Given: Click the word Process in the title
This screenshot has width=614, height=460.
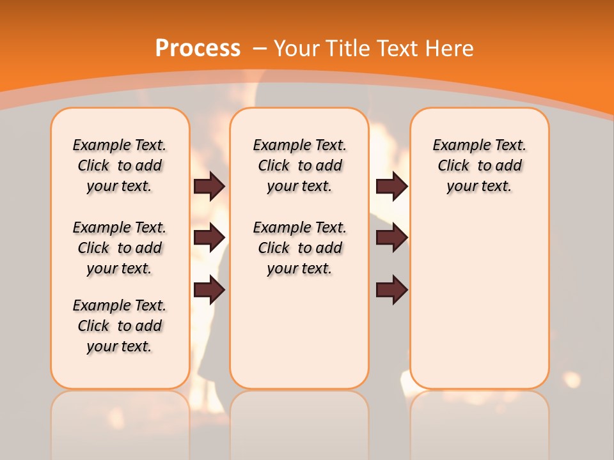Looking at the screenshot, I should [x=198, y=49].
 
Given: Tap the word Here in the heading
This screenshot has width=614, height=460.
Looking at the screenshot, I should [x=451, y=49].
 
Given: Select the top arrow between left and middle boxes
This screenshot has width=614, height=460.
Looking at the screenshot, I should [x=209, y=187].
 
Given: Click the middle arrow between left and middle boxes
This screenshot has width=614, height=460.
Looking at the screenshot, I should [x=209, y=238].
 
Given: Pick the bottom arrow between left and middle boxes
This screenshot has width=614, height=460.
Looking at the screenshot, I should [x=209, y=291].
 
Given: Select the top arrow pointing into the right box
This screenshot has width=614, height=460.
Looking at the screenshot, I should [x=391, y=187].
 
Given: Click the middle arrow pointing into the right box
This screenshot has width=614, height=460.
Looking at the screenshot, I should [x=391, y=238].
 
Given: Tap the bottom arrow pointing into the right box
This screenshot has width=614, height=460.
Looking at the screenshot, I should [x=391, y=291].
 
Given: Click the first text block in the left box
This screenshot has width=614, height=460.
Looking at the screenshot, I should [x=120, y=166].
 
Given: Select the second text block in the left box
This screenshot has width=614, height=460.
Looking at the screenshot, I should [x=120, y=248].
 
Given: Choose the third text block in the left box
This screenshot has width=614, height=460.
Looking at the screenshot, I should [x=120, y=326].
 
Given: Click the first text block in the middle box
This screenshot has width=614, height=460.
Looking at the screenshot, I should [x=299, y=166].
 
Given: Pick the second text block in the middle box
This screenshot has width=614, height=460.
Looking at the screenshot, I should [x=299, y=248].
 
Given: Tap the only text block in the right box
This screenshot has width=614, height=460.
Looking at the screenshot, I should [x=479, y=166].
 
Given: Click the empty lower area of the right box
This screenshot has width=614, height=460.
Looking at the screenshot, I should [x=479, y=300].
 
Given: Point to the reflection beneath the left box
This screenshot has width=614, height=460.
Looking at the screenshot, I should [x=120, y=422].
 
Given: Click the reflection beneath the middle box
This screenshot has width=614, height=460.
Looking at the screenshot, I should [x=299, y=422].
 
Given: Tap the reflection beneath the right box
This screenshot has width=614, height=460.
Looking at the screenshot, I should [x=479, y=422].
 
